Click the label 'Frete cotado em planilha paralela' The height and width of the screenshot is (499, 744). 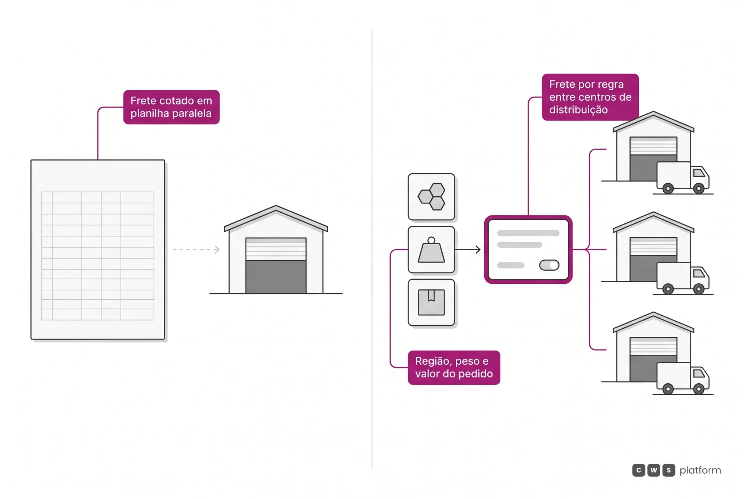pos(171,107)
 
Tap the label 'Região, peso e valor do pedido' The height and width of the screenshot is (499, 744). pos(454,367)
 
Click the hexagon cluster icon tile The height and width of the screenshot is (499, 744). pos(432,197)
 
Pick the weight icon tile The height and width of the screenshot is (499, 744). pos(432,249)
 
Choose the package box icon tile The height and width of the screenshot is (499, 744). pos(432,302)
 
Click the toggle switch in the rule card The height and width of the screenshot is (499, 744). pos(549,265)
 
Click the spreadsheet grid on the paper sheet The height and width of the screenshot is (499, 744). pos(98,256)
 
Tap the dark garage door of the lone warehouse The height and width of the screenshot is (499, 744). pos(276,277)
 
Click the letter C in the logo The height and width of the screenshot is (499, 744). pos(639,470)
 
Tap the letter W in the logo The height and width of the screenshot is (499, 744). pos(654,470)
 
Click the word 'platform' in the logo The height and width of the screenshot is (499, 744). pos(700,471)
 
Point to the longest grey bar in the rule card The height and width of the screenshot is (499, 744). pos(528,233)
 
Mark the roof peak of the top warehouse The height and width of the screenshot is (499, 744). pos(654,112)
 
